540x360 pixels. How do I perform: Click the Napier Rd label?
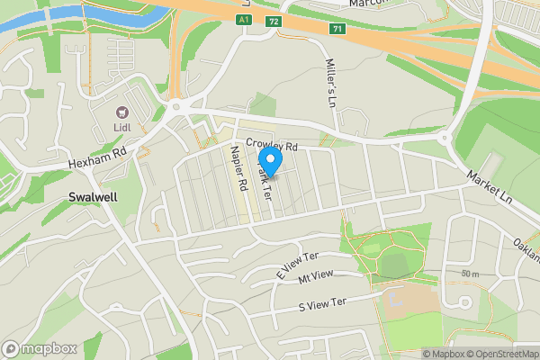point(241,167)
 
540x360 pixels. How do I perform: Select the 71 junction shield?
point(337,29)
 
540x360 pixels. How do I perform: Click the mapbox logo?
point(40,348)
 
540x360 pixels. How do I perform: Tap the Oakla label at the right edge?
point(527,242)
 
